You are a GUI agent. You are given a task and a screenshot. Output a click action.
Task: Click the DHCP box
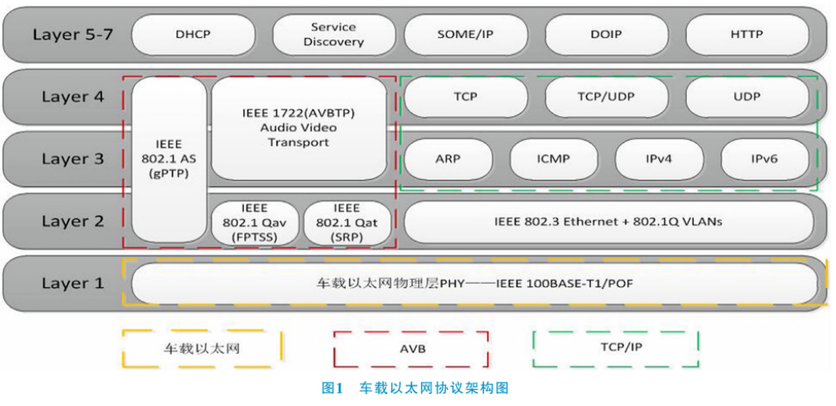click(x=192, y=35)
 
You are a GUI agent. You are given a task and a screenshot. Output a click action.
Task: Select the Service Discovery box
click(x=333, y=35)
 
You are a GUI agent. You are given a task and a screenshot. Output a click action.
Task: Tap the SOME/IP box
click(x=465, y=35)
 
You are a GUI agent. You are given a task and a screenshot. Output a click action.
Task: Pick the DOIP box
click(x=606, y=35)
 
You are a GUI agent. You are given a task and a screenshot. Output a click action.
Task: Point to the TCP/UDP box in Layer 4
click(x=606, y=97)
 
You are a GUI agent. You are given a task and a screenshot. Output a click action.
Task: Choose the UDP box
click(x=747, y=97)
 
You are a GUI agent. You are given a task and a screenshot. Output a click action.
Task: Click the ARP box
click(x=448, y=158)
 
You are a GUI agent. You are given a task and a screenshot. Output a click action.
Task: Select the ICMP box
click(x=553, y=158)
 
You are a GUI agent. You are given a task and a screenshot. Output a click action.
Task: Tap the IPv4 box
click(x=658, y=158)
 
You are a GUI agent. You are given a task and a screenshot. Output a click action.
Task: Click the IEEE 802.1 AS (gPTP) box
click(x=169, y=158)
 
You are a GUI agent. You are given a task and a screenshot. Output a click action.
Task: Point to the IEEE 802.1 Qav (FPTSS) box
click(x=254, y=222)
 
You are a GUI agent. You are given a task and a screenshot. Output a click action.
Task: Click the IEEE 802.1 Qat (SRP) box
click(x=346, y=222)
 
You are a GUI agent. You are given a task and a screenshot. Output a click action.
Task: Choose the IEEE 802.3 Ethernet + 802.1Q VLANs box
click(x=608, y=222)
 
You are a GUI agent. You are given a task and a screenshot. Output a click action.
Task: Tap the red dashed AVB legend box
click(x=410, y=348)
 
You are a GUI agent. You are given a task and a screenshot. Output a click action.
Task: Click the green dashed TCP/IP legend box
click(x=615, y=348)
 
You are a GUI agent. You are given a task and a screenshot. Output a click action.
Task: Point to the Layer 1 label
click(x=72, y=283)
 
